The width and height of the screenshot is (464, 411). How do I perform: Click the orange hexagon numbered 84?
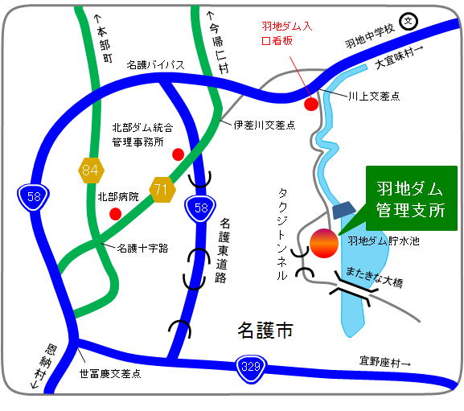coord(90,170)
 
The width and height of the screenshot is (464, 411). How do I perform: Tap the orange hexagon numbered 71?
coord(162,191)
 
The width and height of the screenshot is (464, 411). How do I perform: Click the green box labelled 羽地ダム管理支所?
coord(410,199)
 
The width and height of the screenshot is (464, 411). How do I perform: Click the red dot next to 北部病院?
coord(116,213)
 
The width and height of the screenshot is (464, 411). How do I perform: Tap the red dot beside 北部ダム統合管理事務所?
coord(178,154)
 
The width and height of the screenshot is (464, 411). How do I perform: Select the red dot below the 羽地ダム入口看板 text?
coord(311,103)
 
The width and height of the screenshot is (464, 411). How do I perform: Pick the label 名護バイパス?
coord(155,67)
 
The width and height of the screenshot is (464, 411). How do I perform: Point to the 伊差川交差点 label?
coord(265,125)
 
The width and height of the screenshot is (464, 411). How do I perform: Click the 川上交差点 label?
coord(374,96)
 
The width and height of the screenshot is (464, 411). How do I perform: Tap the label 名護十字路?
coord(142,249)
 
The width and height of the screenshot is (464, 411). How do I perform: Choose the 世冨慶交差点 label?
coord(110,373)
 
